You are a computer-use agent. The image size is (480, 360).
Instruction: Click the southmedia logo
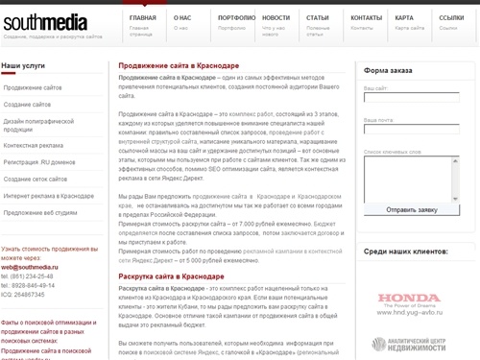pyautogui.click(x=45, y=22)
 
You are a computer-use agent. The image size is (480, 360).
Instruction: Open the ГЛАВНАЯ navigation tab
pyautogui.click(x=143, y=18)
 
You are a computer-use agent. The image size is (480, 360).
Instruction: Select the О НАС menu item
pyautogui.click(x=180, y=18)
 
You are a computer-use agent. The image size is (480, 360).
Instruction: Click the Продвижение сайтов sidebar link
pyautogui.click(x=34, y=87)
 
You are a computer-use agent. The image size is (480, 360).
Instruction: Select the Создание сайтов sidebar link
pyautogui.click(x=28, y=103)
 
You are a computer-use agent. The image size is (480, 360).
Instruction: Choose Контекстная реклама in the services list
pyautogui.click(x=35, y=144)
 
